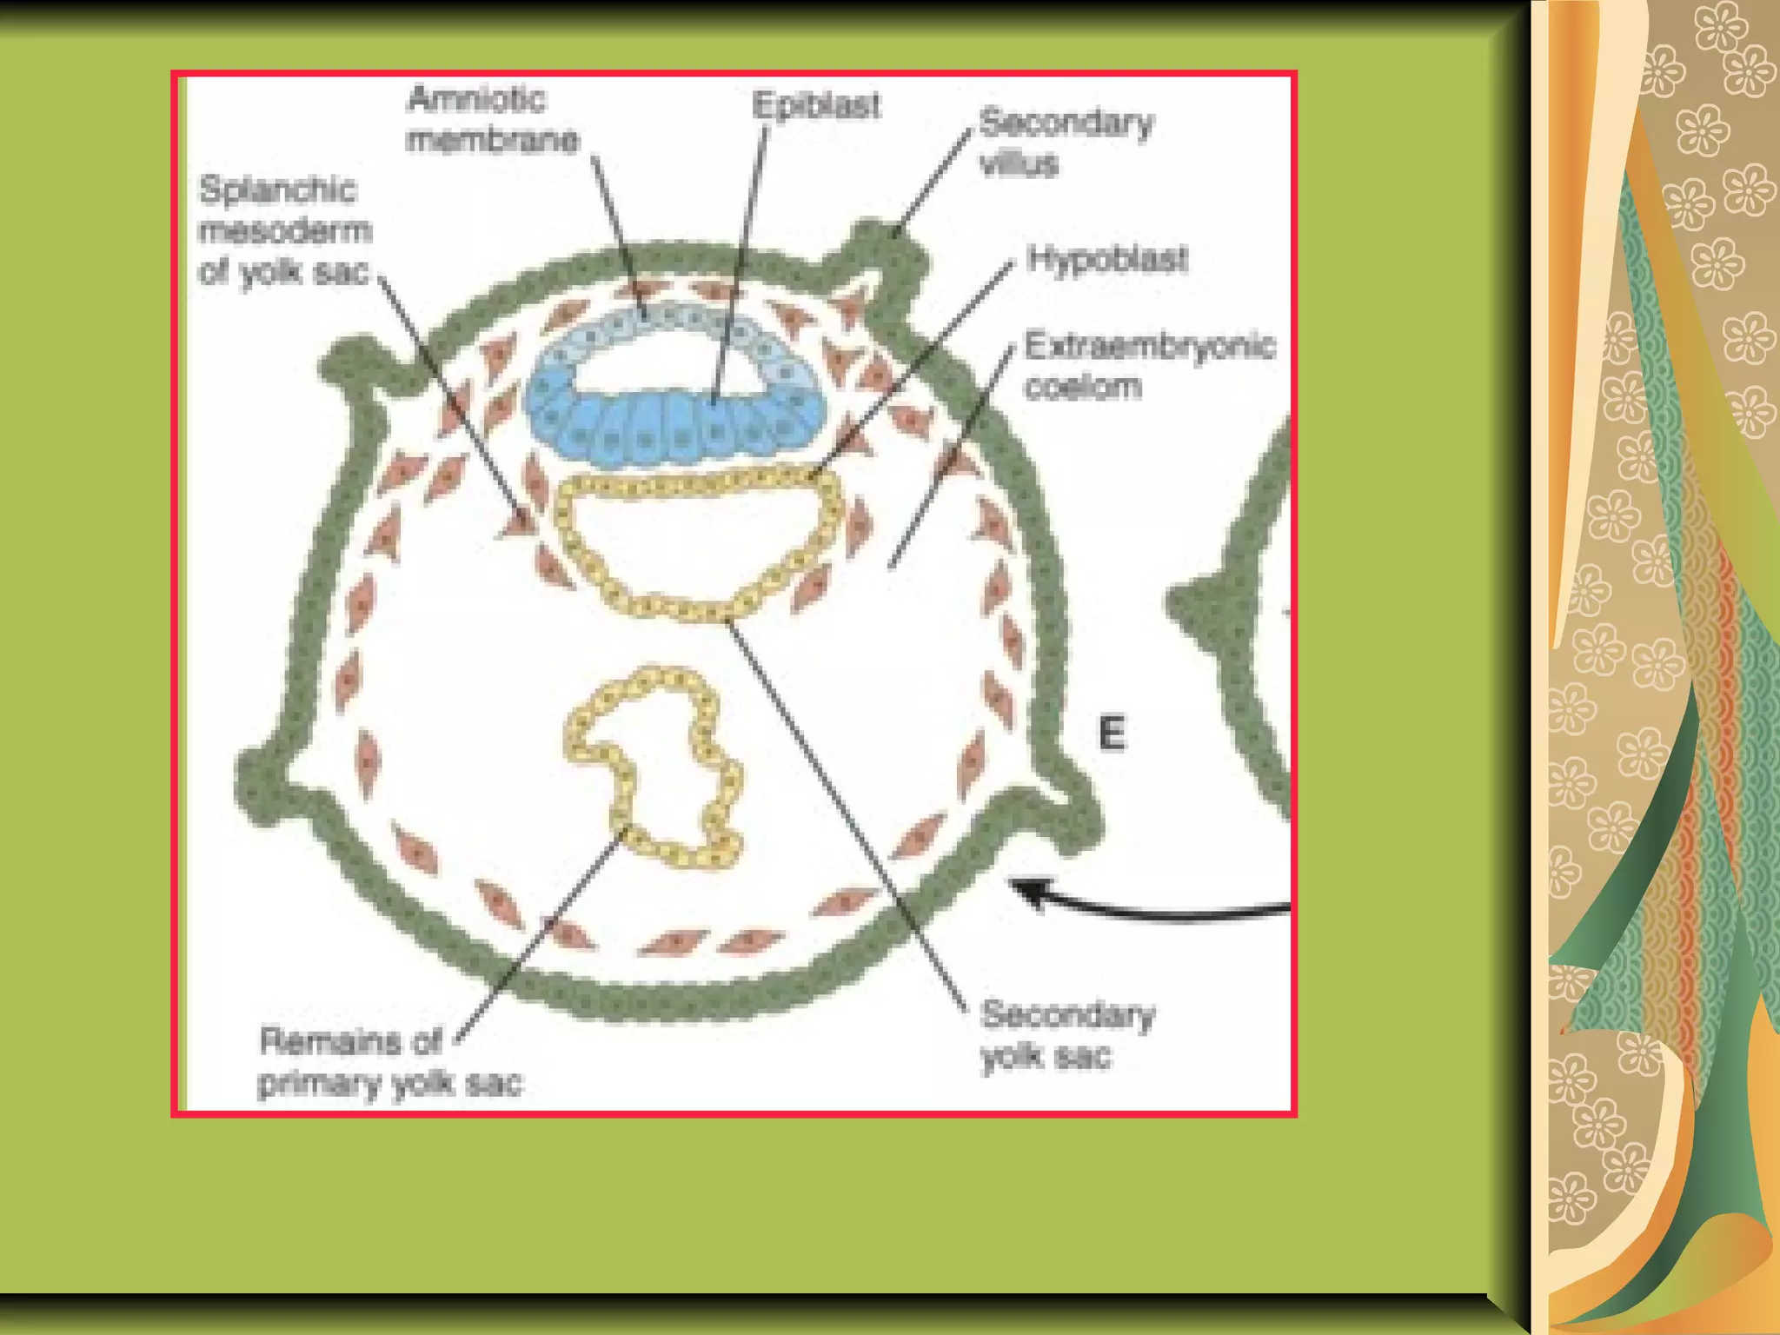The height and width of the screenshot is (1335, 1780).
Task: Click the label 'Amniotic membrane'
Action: click(492, 119)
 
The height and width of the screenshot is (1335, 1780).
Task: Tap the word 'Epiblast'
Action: click(815, 105)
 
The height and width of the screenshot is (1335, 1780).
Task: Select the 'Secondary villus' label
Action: click(1066, 142)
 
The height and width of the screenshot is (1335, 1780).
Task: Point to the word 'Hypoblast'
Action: click(1106, 258)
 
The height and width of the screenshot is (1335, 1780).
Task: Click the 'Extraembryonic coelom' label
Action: click(1149, 365)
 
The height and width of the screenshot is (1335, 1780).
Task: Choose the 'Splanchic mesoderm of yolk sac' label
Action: click(285, 230)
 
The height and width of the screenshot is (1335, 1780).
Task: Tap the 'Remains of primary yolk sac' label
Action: click(390, 1062)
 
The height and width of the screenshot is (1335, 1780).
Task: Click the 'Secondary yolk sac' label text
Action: click(1067, 1035)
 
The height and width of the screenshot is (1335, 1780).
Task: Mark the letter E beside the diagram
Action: click(1112, 734)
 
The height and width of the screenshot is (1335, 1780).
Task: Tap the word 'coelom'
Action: click(1083, 386)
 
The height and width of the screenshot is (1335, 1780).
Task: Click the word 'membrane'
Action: click(492, 139)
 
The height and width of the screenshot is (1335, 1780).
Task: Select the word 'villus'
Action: click(1019, 163)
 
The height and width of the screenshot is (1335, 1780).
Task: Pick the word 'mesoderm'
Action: click(285, 230)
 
